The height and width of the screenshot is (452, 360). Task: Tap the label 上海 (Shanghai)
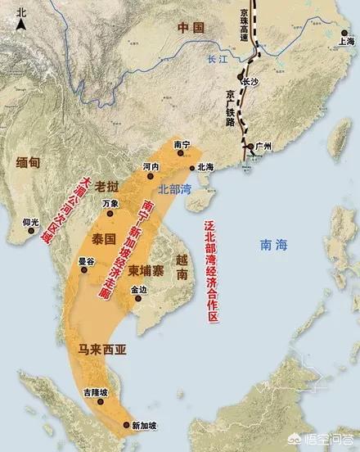(346, 39)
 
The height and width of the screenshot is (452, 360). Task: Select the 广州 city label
(263, 146)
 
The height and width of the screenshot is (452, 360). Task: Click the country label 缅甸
(27, 164)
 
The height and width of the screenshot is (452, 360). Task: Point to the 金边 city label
(139, 289)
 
